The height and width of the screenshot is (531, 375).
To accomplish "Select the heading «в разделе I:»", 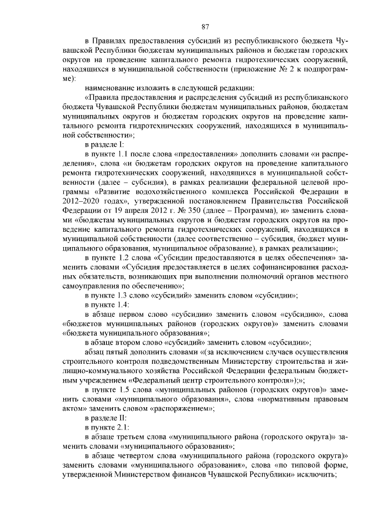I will tap(104, 144).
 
